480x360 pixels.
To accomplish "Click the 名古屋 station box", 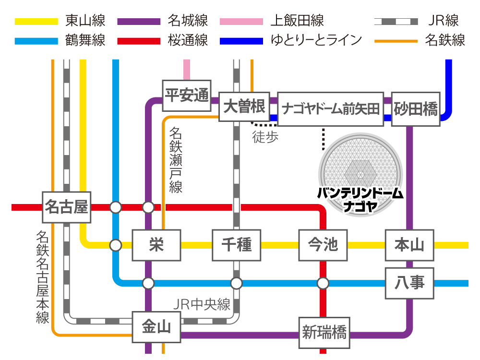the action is point(66,207).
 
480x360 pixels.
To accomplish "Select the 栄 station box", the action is point(156,245).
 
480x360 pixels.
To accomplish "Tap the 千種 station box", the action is point(237,245).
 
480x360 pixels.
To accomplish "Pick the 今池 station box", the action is point(323,245).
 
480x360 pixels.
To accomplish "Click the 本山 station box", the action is point(409,245).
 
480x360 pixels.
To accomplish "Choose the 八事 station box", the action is point(409,283).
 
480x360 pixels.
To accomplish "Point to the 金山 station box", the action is point(156,327).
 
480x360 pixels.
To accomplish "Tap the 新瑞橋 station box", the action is point(324,333).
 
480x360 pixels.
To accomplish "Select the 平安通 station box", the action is point(187,96).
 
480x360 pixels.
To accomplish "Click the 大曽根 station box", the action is point(244,107).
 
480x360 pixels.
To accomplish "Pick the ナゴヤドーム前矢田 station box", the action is point(331,109).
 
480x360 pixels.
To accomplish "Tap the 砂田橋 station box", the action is point(416,109).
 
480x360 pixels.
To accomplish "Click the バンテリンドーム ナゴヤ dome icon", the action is point(360,175).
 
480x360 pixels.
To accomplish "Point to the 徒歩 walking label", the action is point(265,137).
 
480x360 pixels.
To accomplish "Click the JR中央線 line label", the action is point(202,304).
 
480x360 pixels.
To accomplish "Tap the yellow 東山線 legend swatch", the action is point(36,22).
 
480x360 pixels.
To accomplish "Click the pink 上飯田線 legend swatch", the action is point(241,22).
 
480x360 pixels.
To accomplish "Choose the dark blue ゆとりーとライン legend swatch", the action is point(241,41).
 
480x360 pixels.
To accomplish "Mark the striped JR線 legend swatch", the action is point(396,22).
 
